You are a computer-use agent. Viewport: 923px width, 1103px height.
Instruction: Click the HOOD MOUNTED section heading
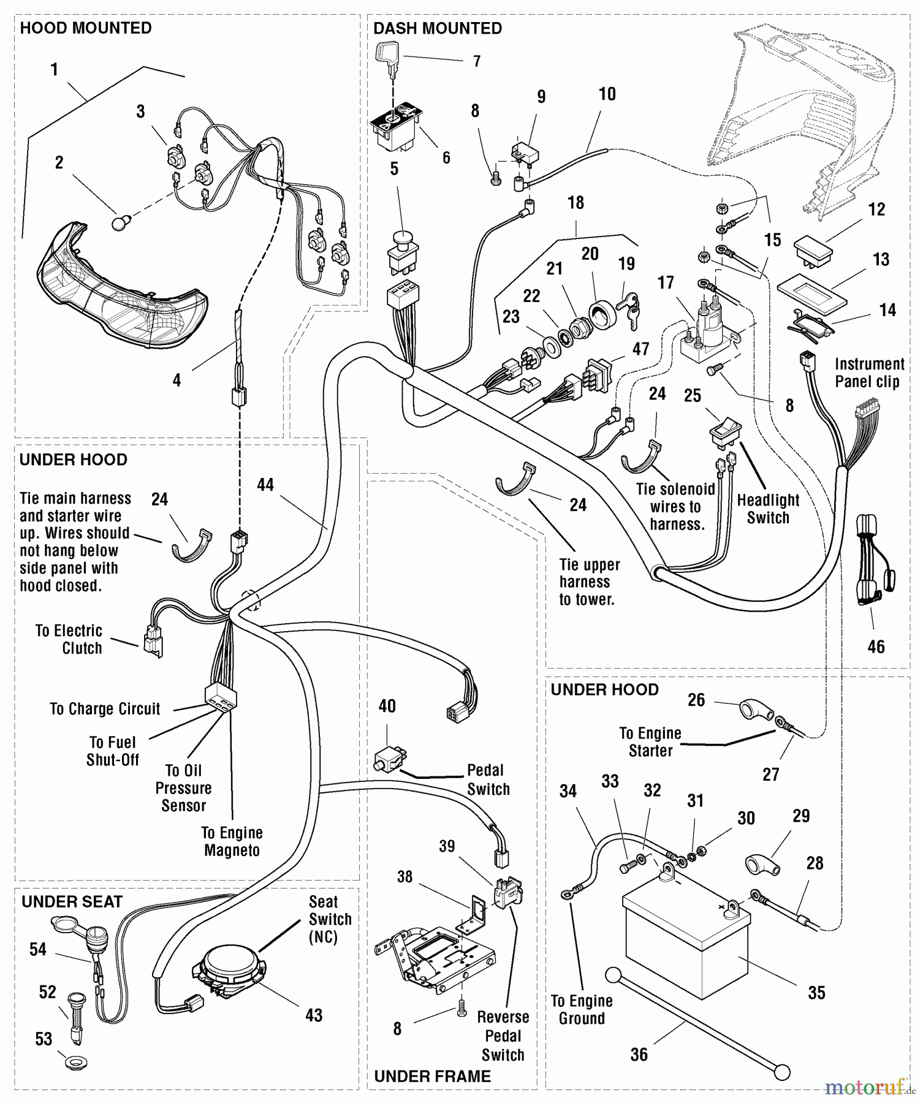click(86, 28)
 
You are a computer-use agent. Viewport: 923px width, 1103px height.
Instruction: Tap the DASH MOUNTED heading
click(437, 28)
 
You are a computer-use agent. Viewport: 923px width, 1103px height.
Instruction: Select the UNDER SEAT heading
click(72, 901)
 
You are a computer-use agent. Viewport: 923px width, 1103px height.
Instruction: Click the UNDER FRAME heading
click(432, 1076)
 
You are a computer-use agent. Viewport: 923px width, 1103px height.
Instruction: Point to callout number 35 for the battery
click(816, 993)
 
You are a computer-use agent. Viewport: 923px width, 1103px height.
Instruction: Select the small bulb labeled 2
click(120, 224)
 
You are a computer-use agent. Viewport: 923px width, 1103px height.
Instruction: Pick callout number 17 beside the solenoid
click(666, 282)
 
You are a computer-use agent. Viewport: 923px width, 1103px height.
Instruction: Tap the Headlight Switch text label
click(768, 509)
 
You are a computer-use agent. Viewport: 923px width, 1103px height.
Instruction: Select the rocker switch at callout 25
click(725, 432)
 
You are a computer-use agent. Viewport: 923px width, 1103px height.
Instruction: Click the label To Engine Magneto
click(232, 841)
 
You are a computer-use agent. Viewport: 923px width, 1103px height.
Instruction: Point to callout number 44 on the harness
click(265, 485)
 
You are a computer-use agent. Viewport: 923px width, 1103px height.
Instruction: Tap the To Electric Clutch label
click(69, 639)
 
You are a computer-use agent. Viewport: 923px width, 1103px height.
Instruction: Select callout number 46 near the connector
click(876, 646)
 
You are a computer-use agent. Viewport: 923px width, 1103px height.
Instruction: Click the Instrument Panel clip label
click(869, 373)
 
